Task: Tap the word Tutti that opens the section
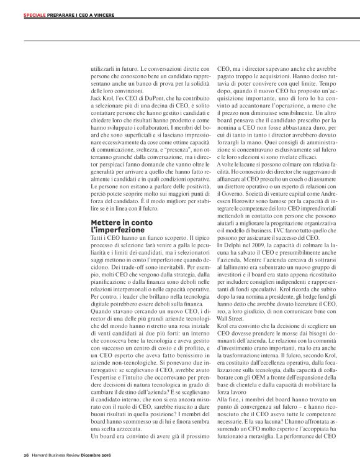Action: (x=97, y=239)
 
